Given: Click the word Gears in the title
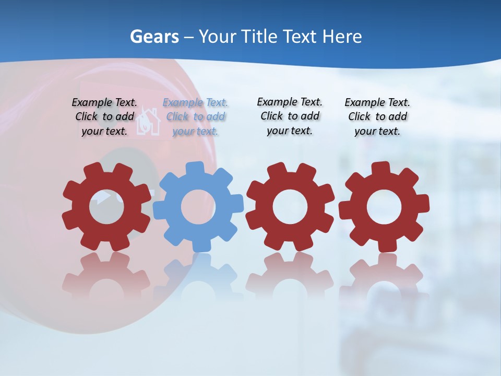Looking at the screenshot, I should tap(154, 37).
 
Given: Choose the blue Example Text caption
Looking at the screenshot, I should tap(195, 117).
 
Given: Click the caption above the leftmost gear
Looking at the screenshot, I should tap(104, 117).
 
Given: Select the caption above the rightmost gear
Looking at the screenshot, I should tap(377, 117).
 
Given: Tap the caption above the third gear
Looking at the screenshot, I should tap(290, 116).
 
